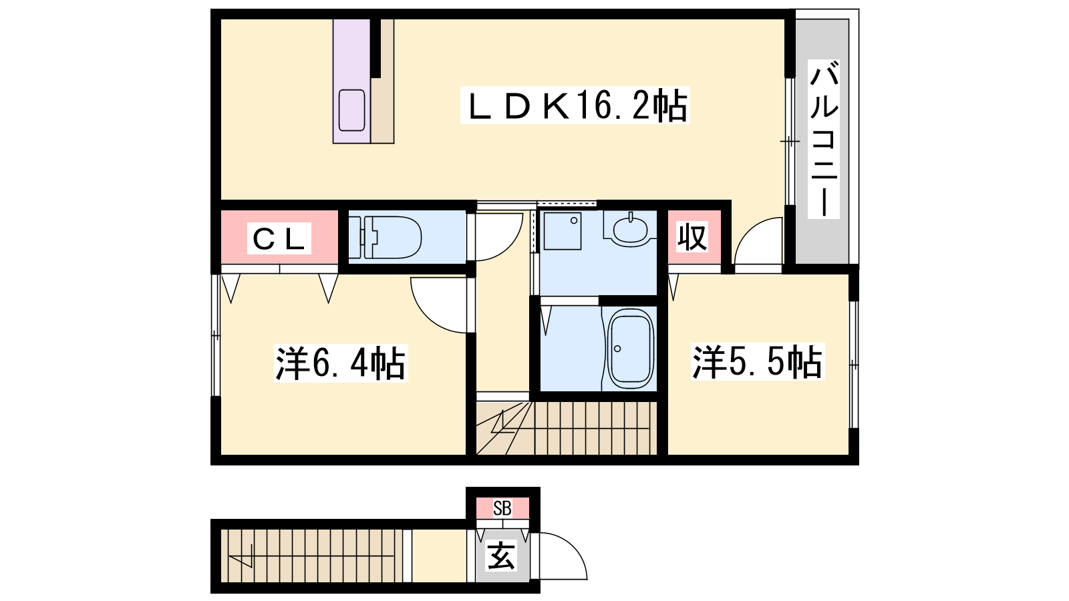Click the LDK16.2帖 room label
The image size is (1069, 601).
click(x=575, y=105)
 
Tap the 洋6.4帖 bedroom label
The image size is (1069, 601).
click(x=341, y=363)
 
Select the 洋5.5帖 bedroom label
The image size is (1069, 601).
click(x=758, y=361)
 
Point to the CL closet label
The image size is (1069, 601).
click(x=279, y=238)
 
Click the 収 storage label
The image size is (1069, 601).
click(x=692, y=237)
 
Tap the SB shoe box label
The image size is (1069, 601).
click(x=502, y=508)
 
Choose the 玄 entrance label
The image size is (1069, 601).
click(x=501, y=556)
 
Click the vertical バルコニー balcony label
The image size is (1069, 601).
click(x=824, y=139)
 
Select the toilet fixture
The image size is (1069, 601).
click(x=385, y=237)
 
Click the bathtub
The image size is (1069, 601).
click(x=629, y=349)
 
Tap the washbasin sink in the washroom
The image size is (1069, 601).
click(x=631, y=230)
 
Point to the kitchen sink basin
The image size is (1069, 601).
click(x=351, y=110)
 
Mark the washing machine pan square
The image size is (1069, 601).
click(x=563, y=231)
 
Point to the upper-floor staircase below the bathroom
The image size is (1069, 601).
click(x=567, y=428)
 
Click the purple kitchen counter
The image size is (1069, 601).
click(x=351, y=81)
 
